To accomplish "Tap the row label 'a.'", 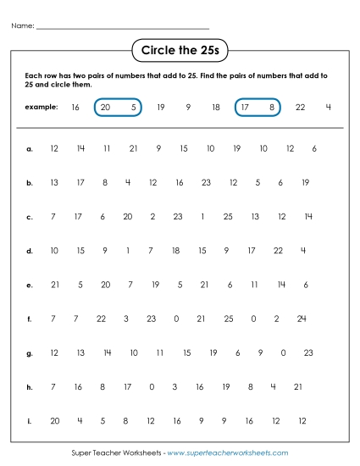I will click(x=30, y=149).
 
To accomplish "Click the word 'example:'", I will click(x=42, y=108).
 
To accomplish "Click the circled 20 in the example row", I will click(x=106, y=108).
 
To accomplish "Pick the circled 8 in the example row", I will click(x=271, y=108).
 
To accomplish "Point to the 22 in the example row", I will click(x=300, y=108).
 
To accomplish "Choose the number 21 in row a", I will click(x=133, y=149).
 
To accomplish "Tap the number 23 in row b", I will click(x=206, y=182).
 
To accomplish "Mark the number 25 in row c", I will click(x=227, y=217).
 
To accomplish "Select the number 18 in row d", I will click(x=175, y=250).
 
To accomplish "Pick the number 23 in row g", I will click(x=307, y=352).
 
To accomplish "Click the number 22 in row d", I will click(x=279, y=250).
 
